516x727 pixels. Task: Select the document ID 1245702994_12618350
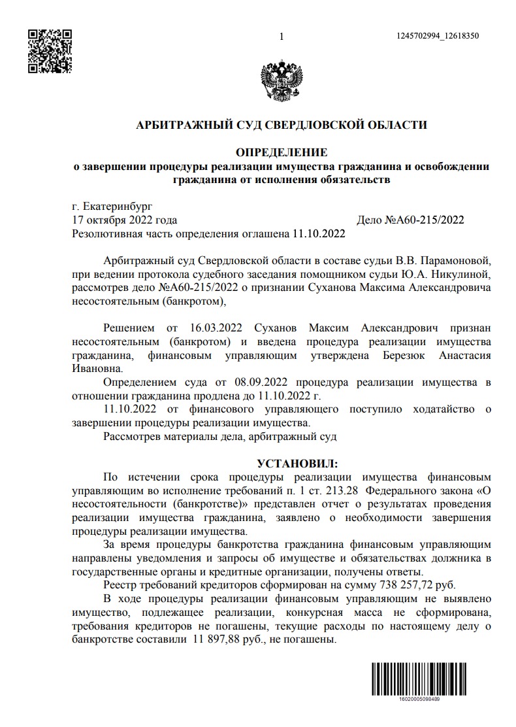tap(438, 37)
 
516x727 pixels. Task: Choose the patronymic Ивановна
tap(95, 369)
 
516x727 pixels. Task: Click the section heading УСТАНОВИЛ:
tap(297, 464)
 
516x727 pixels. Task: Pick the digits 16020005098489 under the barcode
tap(418, 699)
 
